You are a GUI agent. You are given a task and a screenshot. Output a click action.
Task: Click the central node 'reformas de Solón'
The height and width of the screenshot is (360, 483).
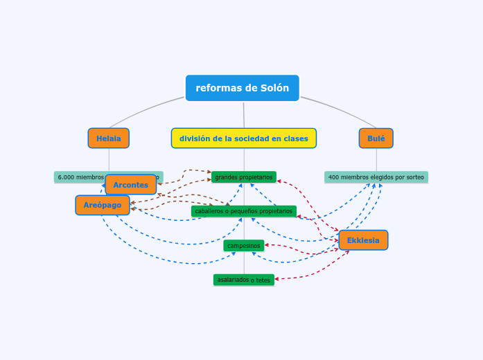242,88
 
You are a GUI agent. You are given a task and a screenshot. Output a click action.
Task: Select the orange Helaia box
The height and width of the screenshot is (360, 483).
108,138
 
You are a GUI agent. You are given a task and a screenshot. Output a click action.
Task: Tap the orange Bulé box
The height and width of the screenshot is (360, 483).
376,138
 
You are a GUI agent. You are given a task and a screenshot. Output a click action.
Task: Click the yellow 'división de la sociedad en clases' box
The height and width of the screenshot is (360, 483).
243,138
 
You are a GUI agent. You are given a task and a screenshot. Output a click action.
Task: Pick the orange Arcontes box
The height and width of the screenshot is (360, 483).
131,185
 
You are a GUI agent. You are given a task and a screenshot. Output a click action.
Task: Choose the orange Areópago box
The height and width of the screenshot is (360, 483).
103,205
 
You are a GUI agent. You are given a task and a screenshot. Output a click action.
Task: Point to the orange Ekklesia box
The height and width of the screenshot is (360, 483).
363,240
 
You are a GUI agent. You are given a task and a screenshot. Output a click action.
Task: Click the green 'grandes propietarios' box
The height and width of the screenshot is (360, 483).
243,177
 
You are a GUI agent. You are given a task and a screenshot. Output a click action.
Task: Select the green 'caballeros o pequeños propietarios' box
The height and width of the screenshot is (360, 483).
243,211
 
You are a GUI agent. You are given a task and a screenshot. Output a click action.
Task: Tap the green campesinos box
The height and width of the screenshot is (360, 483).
243,246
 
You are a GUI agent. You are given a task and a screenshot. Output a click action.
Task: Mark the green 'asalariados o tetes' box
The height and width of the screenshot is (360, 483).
243,280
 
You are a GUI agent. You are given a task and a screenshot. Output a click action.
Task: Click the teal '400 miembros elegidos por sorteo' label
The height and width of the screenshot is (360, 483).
376,177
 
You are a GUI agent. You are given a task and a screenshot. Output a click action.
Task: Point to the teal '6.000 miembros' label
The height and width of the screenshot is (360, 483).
80,177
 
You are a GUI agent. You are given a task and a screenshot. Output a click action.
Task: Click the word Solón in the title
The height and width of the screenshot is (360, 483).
274,88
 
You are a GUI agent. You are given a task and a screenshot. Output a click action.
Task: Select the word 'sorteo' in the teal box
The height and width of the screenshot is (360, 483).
414,177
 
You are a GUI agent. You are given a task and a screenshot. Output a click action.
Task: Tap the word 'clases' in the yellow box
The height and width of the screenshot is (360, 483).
295,138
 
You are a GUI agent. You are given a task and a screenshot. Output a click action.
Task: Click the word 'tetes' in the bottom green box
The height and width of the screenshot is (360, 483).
263,280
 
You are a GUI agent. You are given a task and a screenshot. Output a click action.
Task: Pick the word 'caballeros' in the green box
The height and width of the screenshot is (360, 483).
209,211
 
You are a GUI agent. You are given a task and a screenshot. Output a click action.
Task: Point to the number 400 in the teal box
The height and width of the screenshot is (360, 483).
333,177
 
